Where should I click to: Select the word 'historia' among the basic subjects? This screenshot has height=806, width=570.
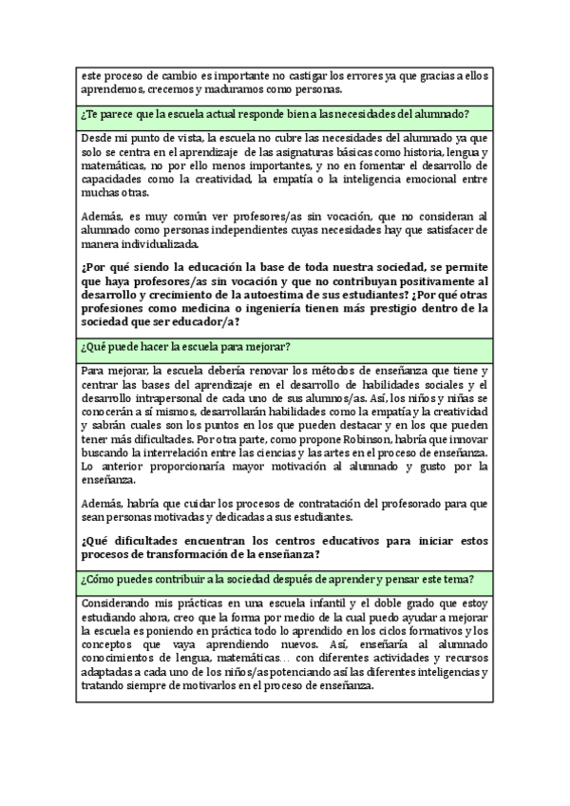pos(407,152)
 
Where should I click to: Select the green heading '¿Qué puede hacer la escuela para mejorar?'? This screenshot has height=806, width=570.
pos(186,345)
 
